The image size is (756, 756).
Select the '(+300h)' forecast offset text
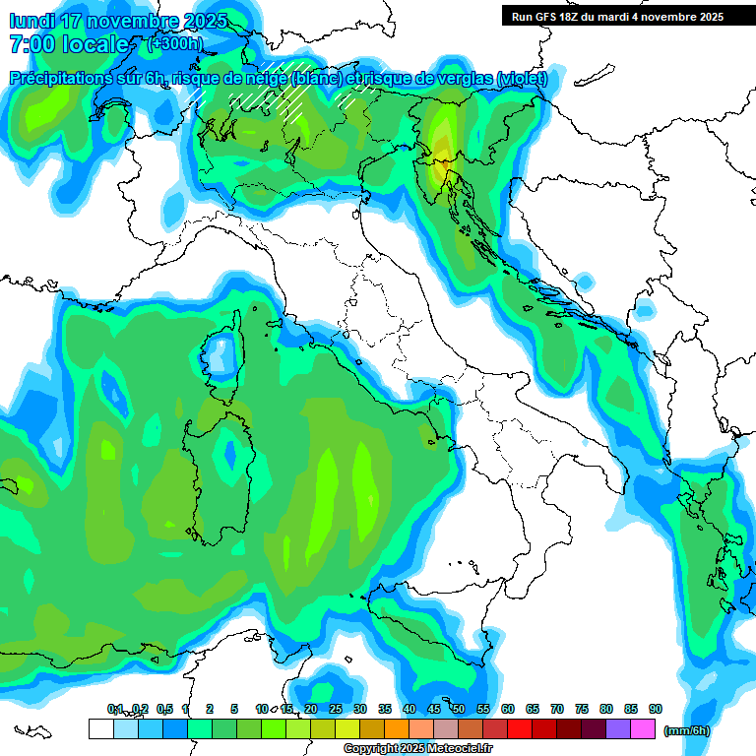pos(174,43)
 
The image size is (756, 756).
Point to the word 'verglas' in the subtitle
pos(464,79)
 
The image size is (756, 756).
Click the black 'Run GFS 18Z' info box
pos(617,16)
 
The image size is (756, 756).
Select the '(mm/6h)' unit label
pos(686,730)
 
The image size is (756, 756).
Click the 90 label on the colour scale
pos(656,710)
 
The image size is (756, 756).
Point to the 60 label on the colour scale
pos(508,710)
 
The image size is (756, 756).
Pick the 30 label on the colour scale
pos(360,710)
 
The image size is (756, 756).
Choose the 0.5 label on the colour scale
pos(163,710)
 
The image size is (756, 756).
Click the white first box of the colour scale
pos(100,729)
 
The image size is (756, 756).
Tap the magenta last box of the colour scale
pos(643,729)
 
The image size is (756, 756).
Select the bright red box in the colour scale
pos(519,729)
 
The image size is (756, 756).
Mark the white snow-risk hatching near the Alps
pos(295,99)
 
